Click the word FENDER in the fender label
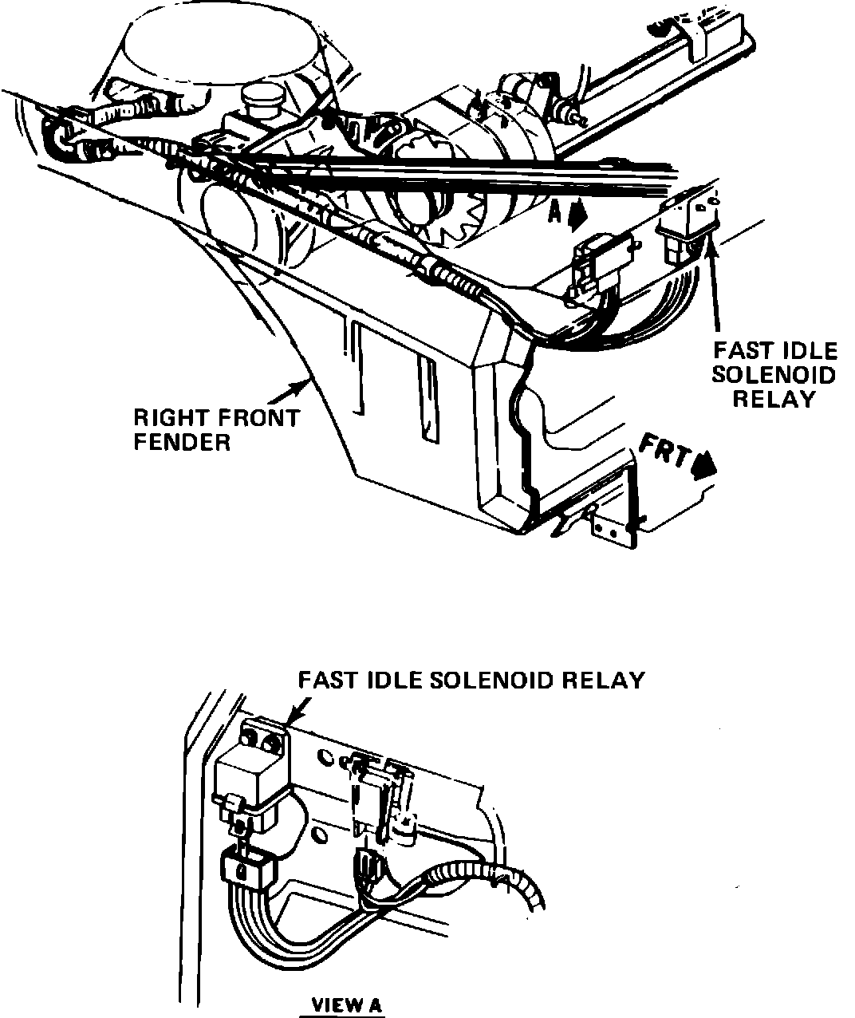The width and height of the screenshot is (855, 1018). tap(182, 441)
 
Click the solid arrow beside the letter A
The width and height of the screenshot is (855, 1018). tap(579, 213)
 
